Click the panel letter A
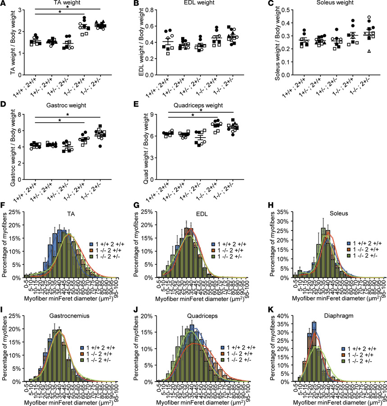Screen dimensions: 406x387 click(x=4, y=4)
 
